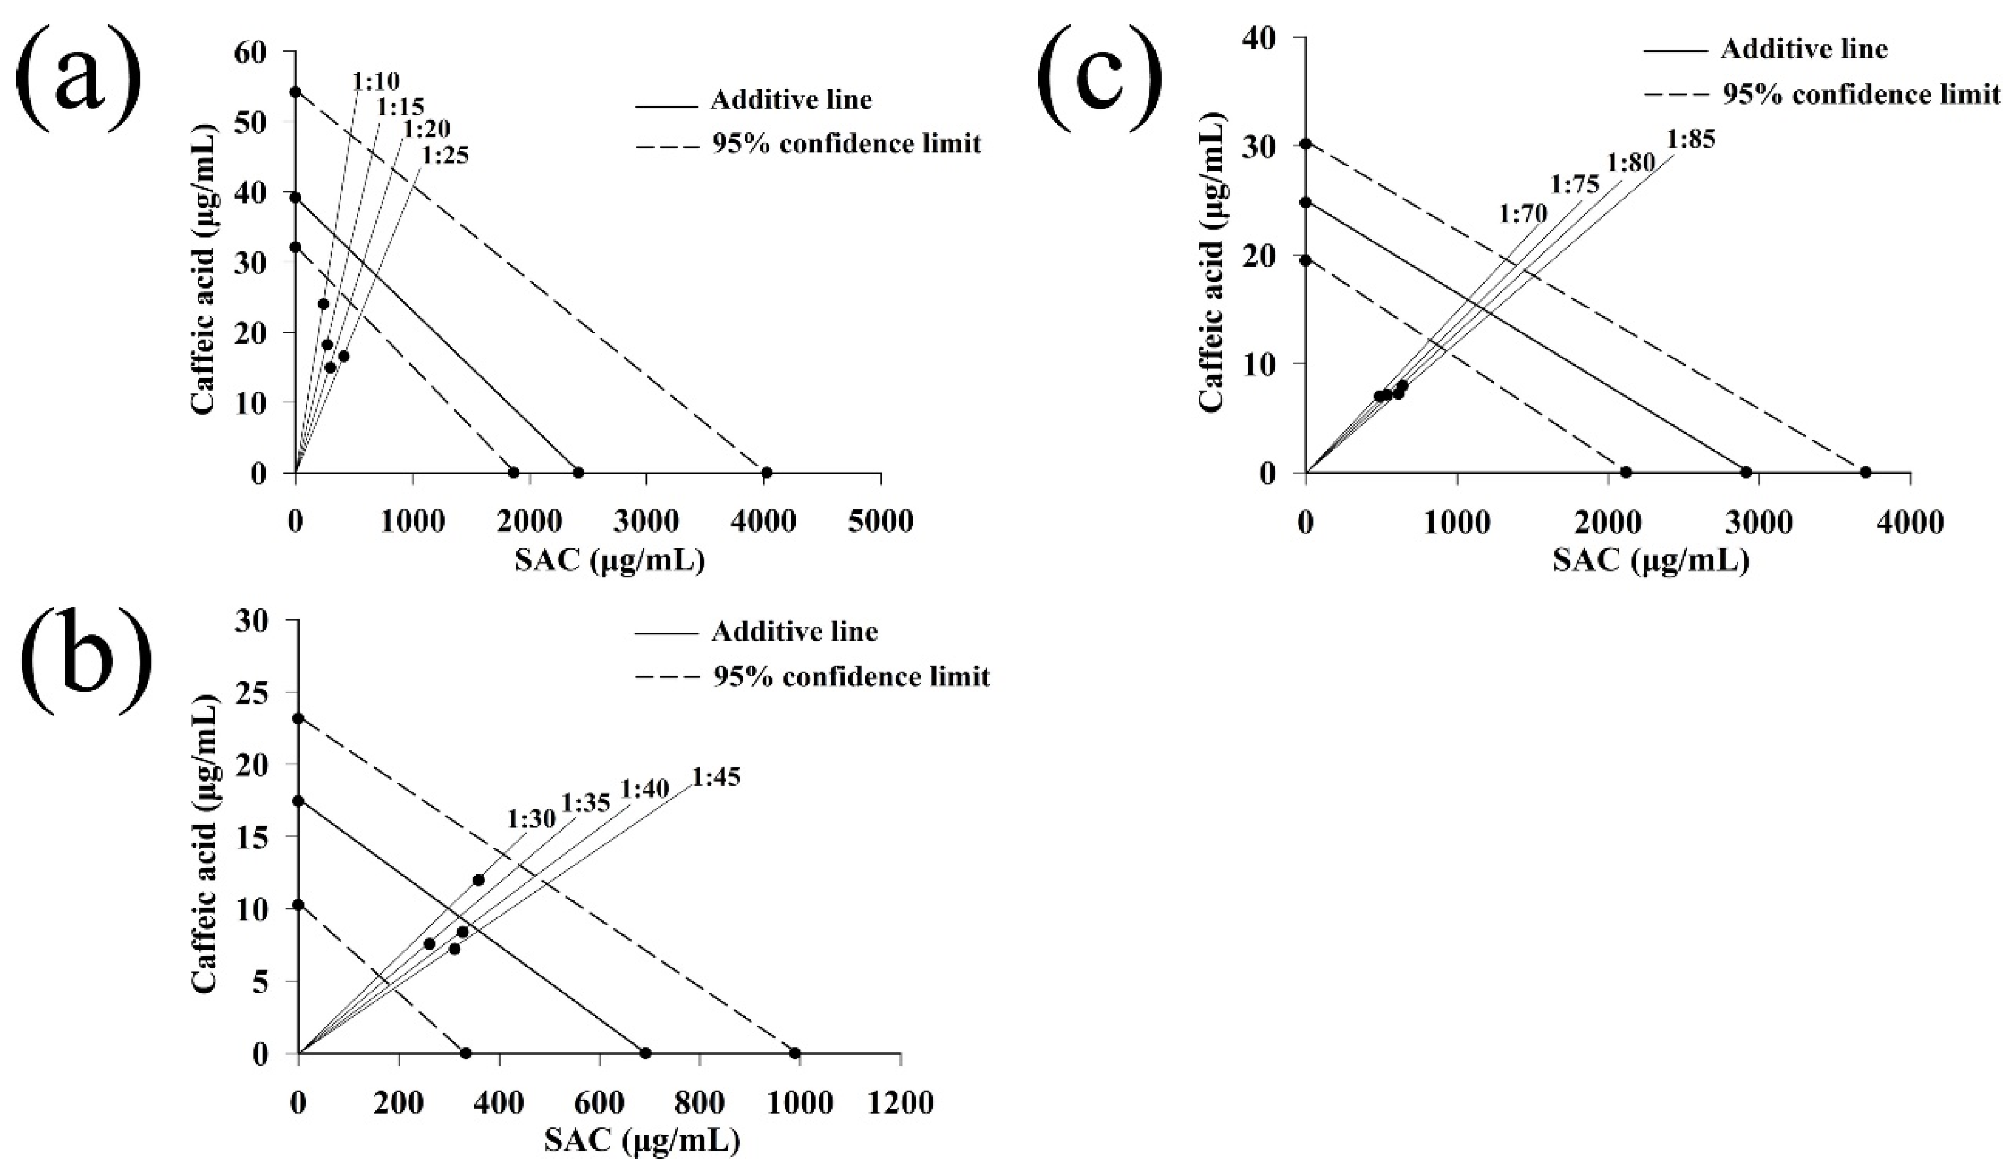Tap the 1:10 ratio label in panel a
coord(375,81)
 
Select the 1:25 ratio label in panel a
coord(444,156)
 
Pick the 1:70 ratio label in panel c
coord(1523,213)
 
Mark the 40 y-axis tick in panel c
coord(1271,37)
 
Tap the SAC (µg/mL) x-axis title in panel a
coord(609,561)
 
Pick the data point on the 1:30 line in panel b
coord(478,880)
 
